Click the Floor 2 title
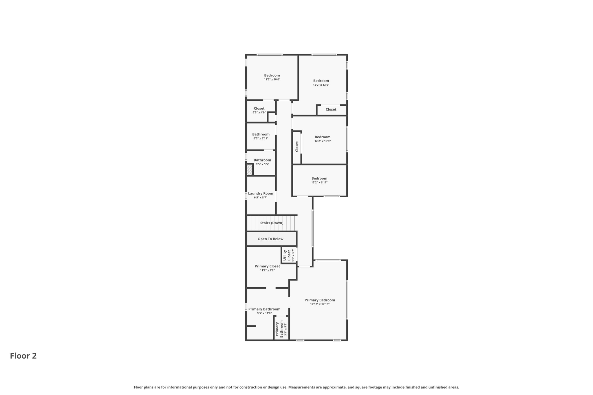[23, 356]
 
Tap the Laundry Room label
[261, 193]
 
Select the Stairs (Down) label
[272, 223]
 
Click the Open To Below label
[270, 239]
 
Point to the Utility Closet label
[287, 255]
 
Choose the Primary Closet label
[267, 266]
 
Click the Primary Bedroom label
[320, 300]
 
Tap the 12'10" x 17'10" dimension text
[320, 304]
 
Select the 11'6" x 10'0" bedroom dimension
[272, 79]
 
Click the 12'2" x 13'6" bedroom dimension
[321, 85]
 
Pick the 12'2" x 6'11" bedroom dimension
[319, 182]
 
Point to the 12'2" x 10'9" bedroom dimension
[323, 141]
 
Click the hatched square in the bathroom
[249, 170]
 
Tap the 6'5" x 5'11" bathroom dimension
[261, 138]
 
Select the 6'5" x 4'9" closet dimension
[259, 112]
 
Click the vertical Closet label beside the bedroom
[297, 146]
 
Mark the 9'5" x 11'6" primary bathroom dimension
[264, 313]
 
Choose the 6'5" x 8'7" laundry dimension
[260, 197]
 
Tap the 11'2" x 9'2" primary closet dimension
[267, 270]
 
